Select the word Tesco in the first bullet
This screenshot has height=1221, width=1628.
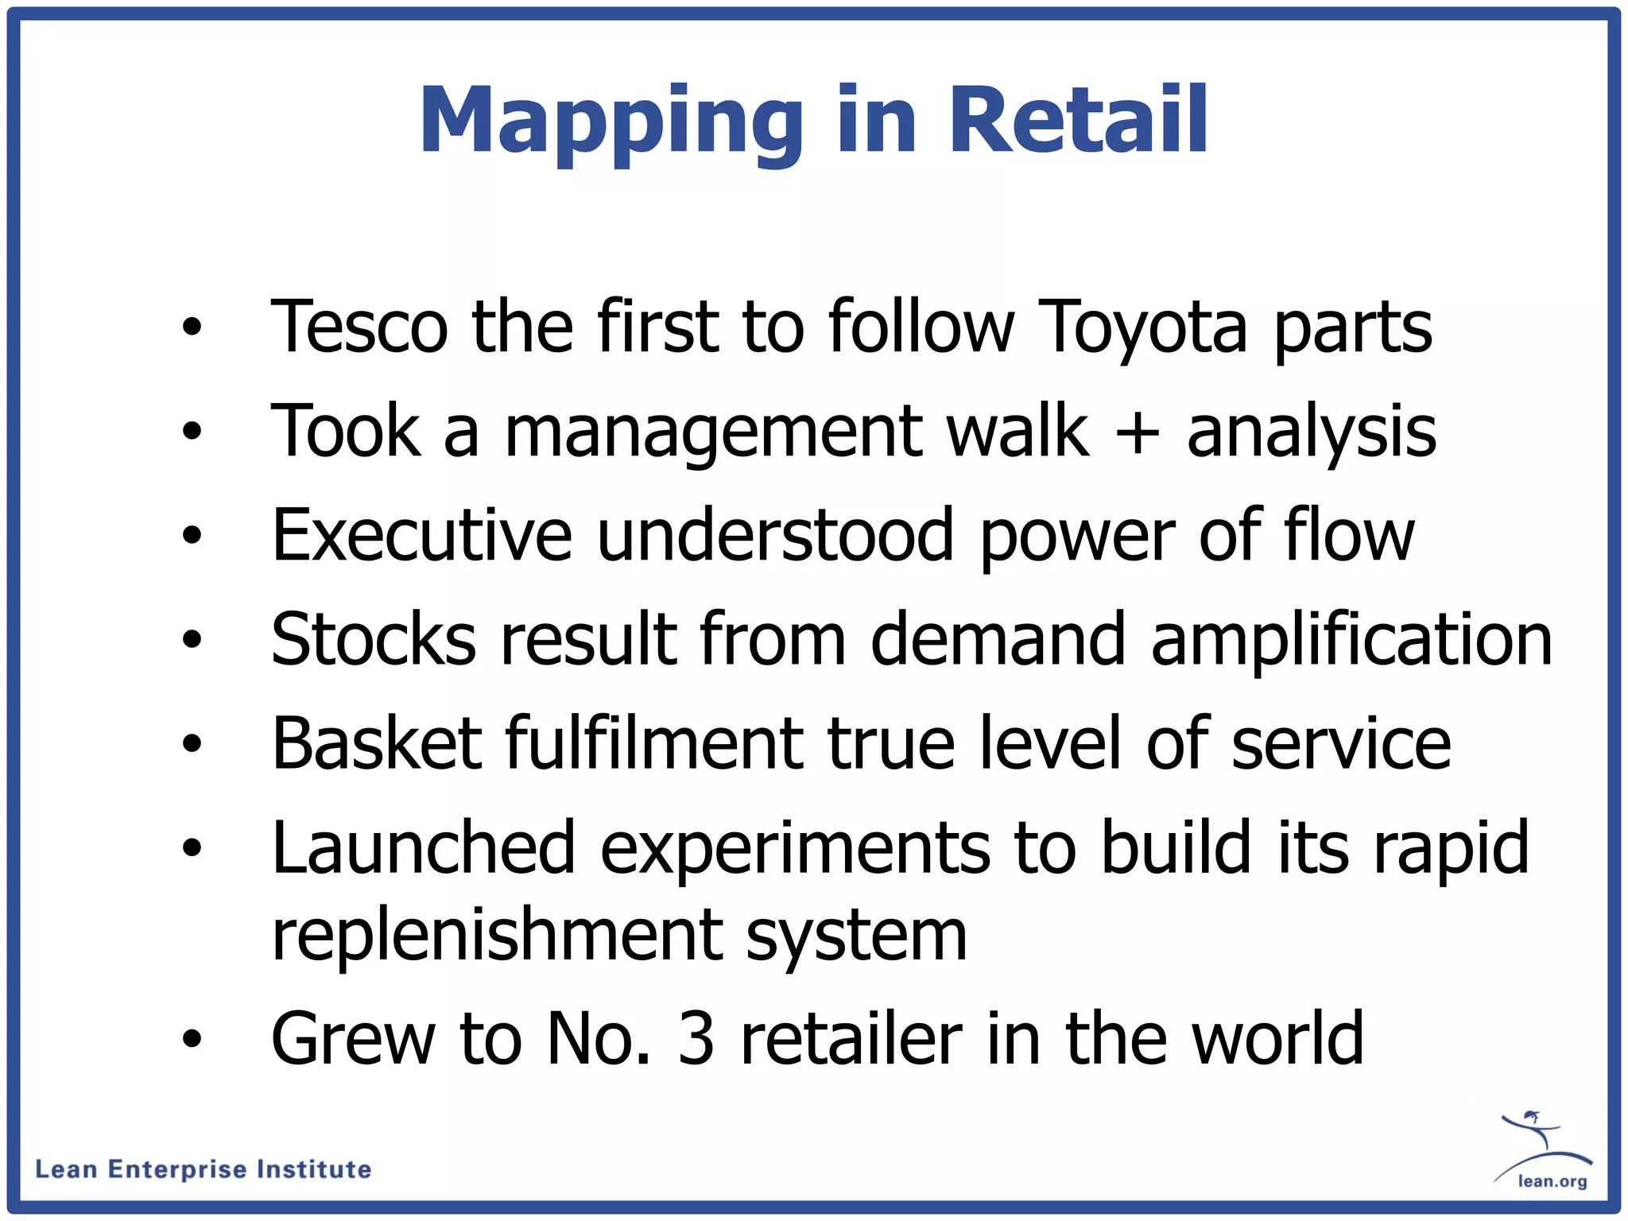(359, 327)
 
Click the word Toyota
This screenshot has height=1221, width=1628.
(1143, 328)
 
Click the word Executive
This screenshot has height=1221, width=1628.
(421, 535)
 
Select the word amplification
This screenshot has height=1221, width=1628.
(1351, 641)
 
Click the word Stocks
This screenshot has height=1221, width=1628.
(374, 639)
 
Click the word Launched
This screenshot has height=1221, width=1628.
(423, 849)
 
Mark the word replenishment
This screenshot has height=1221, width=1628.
(497, 935)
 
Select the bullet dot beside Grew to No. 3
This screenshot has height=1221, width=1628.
(192, 1038)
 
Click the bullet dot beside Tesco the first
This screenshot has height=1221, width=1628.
(192, 327)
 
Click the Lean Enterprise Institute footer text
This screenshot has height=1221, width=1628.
(203, 1169)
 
